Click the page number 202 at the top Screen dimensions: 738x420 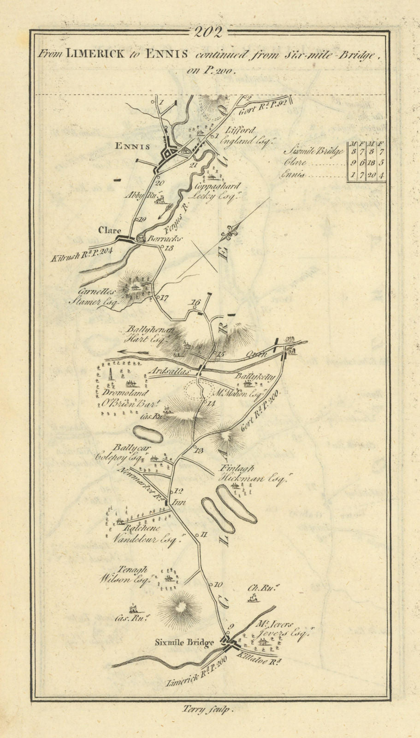tap(209, 32)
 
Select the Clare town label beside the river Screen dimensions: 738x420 tap(110, 230)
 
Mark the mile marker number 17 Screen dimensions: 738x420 tap(164, 298)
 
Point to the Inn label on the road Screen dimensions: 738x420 tap(179, 503)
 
